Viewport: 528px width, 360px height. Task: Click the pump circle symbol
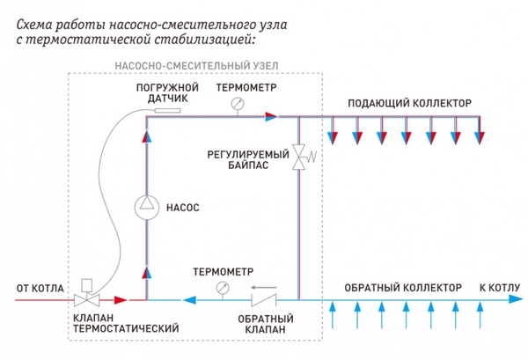click(146, 209)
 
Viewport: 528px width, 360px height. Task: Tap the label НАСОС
click(183, 209)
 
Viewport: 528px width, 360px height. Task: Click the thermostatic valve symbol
click(88, 299)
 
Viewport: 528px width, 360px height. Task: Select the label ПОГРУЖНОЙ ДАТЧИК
click(162, 95)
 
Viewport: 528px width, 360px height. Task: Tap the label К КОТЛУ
click(499, 288)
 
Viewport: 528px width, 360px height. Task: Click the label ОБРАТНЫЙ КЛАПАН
click(261, 324)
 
